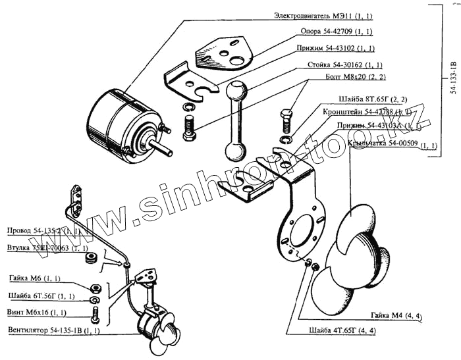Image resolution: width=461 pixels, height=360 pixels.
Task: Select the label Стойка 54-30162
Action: [344, 65]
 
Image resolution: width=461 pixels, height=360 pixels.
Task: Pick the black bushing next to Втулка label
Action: [92, 255]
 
